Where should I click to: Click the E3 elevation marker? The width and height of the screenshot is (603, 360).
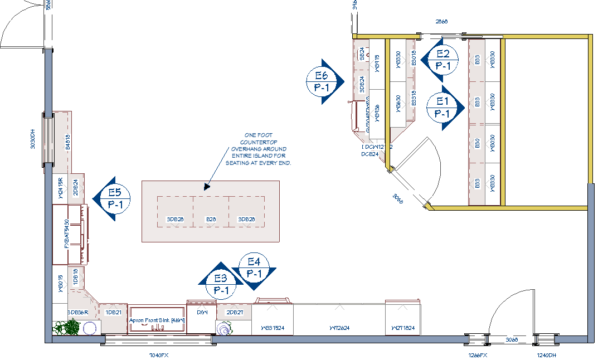click(x=221, y=284)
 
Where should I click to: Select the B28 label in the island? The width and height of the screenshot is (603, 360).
click(x=211, y=220)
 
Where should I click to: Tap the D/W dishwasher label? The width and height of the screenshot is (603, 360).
click(x=202, y=313)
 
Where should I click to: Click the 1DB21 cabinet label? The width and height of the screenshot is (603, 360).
click(x=113, y=313)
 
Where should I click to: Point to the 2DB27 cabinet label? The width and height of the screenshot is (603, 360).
click(x=235, y=313)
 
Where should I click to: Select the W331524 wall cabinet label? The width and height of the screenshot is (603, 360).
click(x=273, y=328)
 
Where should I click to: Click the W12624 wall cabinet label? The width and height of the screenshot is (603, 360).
click(x=339, y=328)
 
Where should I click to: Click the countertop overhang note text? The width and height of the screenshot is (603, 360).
click(x=258, y=149)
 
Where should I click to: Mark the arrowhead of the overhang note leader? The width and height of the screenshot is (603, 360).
click(x=206, y=187)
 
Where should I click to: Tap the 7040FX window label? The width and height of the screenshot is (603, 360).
click(x=158, y=355)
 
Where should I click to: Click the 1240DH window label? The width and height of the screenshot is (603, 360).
click(x=546, y=355)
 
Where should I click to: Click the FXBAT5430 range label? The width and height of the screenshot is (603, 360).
click(x=66, y=235)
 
